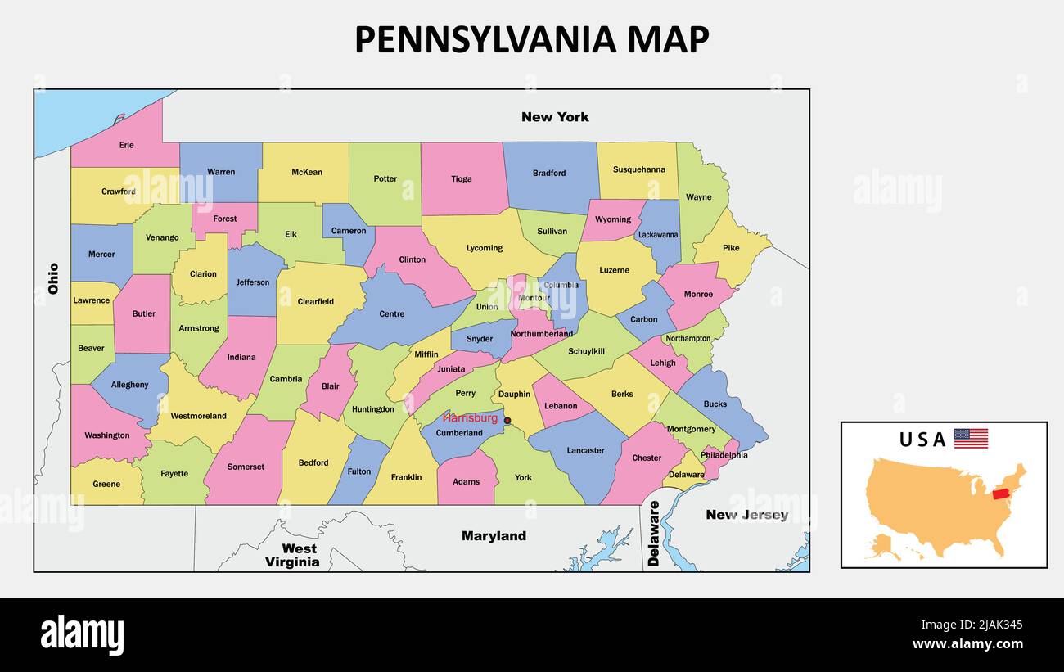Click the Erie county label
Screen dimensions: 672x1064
pos(126,145)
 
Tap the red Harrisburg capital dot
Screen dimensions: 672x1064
pos(507,421)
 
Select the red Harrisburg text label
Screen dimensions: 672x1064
pos(470,418)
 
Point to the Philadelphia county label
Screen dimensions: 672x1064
pos(724,455)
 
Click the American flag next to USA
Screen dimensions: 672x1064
pos(971,439)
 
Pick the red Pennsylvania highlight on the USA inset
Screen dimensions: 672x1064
pos(1000,494)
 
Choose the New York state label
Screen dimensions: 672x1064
pos(555,117)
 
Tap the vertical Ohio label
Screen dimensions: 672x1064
pos(54,278)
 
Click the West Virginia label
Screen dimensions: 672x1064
pos(292,555)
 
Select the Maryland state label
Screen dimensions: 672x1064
pos(494,536)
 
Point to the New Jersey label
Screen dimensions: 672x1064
pos(746,515)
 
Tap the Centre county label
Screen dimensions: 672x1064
pos(392,313)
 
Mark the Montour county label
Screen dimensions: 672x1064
pos(534,298)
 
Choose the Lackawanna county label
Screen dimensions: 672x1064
pos(658,235)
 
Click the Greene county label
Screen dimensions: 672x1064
pos(106,484)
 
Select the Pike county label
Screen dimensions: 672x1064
pos(730,248)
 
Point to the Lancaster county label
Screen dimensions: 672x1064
pos(585,450)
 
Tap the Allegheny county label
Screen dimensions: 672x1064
pos(130,385)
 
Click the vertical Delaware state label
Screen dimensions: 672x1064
pos(653,534)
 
